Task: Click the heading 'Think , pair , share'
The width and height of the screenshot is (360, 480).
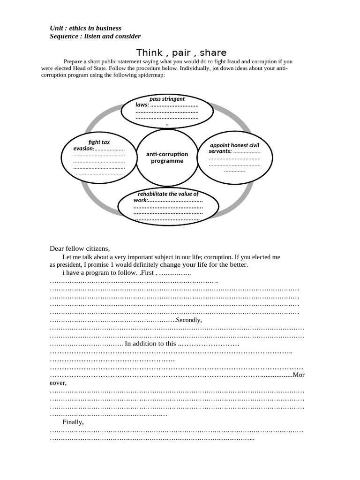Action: coord(181,52)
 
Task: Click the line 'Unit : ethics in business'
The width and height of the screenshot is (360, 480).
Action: coord(85,28)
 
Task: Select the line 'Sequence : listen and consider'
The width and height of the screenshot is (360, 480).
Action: coord(95,36)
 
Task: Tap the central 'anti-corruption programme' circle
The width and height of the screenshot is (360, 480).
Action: coord(167,157)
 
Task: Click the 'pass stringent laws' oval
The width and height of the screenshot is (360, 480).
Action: coord(167,112)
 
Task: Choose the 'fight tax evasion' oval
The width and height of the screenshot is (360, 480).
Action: coord(99,157)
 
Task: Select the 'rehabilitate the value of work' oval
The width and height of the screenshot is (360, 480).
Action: coord(168,206)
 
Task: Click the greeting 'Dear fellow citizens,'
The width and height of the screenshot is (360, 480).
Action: coord(80,248)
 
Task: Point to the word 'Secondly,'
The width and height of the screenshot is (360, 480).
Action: coord(189,320)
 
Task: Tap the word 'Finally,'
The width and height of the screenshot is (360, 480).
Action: coord(73,422)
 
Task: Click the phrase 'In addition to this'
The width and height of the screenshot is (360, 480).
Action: coord(150,344)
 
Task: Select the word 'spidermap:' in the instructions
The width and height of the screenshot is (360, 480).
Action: coord(150,75)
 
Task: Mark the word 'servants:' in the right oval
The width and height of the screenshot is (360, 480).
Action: coord(220,151)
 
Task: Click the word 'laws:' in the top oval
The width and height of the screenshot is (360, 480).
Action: coord(142,105)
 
